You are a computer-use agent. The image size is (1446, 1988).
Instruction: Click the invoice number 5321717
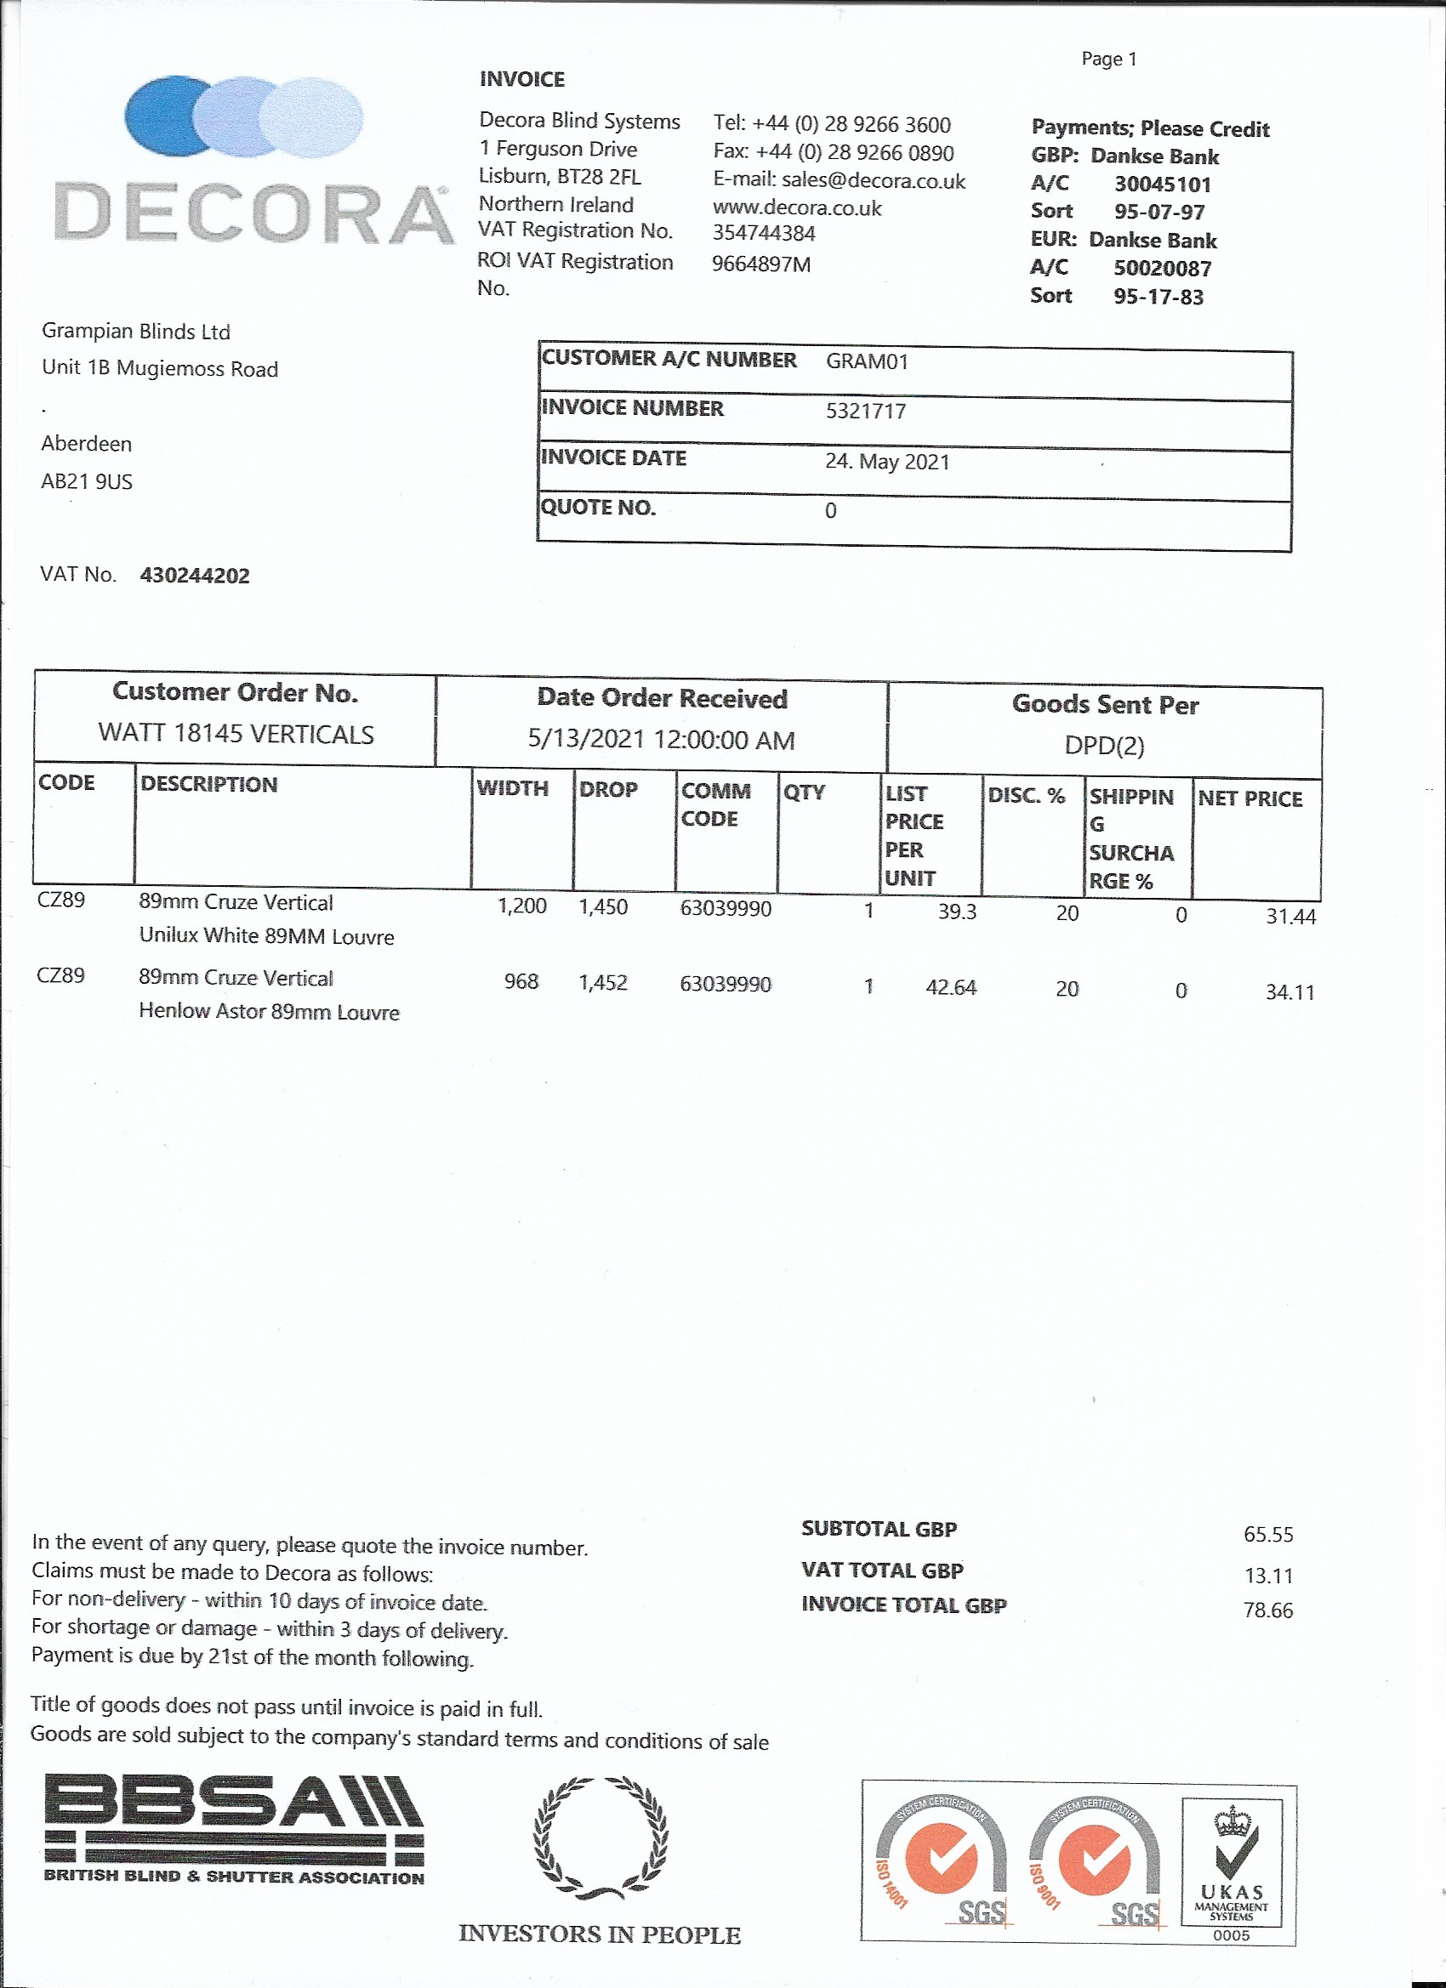866,411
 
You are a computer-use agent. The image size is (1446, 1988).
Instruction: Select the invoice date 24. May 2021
886,461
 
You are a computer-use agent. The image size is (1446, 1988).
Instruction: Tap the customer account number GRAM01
867,361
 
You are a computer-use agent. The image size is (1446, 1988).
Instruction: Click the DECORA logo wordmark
253,214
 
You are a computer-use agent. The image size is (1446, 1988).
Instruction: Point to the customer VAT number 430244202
195,576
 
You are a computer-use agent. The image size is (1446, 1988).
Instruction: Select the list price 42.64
951,988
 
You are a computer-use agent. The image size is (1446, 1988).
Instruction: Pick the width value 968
521,982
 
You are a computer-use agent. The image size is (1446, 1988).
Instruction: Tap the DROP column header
607,790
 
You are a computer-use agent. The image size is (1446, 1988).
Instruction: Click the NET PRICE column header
1250,798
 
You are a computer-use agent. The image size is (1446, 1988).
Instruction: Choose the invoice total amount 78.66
1267,1610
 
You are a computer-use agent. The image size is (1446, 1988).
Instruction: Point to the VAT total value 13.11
1268,1575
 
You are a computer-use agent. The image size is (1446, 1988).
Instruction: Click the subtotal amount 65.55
1268,1534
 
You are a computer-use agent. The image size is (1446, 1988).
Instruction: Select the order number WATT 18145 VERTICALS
236,734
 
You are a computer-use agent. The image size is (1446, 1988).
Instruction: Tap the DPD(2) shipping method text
1104,745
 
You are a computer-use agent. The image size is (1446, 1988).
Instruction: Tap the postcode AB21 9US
87,481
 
